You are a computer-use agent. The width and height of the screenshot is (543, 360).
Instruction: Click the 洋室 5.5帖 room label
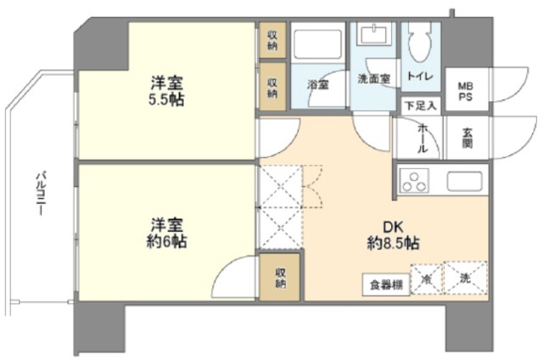point(168,91)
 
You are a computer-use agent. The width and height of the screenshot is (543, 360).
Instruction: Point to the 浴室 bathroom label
point(318,84)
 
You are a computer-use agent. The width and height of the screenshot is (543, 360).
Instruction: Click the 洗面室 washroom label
point(373,79)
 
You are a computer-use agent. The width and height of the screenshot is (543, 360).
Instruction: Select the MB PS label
point(466,91)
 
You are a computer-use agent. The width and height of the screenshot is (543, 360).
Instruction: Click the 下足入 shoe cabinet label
point(420,105)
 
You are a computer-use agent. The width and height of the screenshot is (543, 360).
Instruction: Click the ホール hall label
point(422,137)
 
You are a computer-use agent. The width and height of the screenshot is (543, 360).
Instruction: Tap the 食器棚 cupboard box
point(386,284)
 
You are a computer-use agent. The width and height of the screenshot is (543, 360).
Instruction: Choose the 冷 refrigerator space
point(427,278)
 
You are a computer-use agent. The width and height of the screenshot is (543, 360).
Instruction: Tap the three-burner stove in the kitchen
point(417,181)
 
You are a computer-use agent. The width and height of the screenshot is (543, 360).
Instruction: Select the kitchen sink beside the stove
point(464,180)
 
